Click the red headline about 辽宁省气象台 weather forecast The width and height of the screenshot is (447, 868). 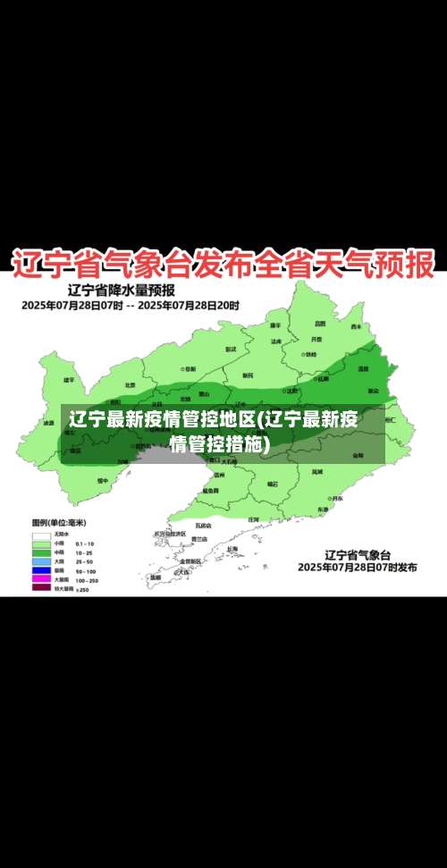[x=223, y=265]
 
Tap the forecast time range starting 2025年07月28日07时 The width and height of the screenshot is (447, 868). [x=131, y=305]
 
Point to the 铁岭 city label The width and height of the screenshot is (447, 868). [x=309, y=354]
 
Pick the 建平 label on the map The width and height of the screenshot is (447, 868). [x=69, y=380]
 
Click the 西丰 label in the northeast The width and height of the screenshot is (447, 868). [x=356, y=326]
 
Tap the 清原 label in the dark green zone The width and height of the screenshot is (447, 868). [x=363, y=367]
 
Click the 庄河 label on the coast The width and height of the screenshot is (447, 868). [x=253, y=518]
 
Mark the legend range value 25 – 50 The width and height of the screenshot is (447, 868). [x=85, y=561]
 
